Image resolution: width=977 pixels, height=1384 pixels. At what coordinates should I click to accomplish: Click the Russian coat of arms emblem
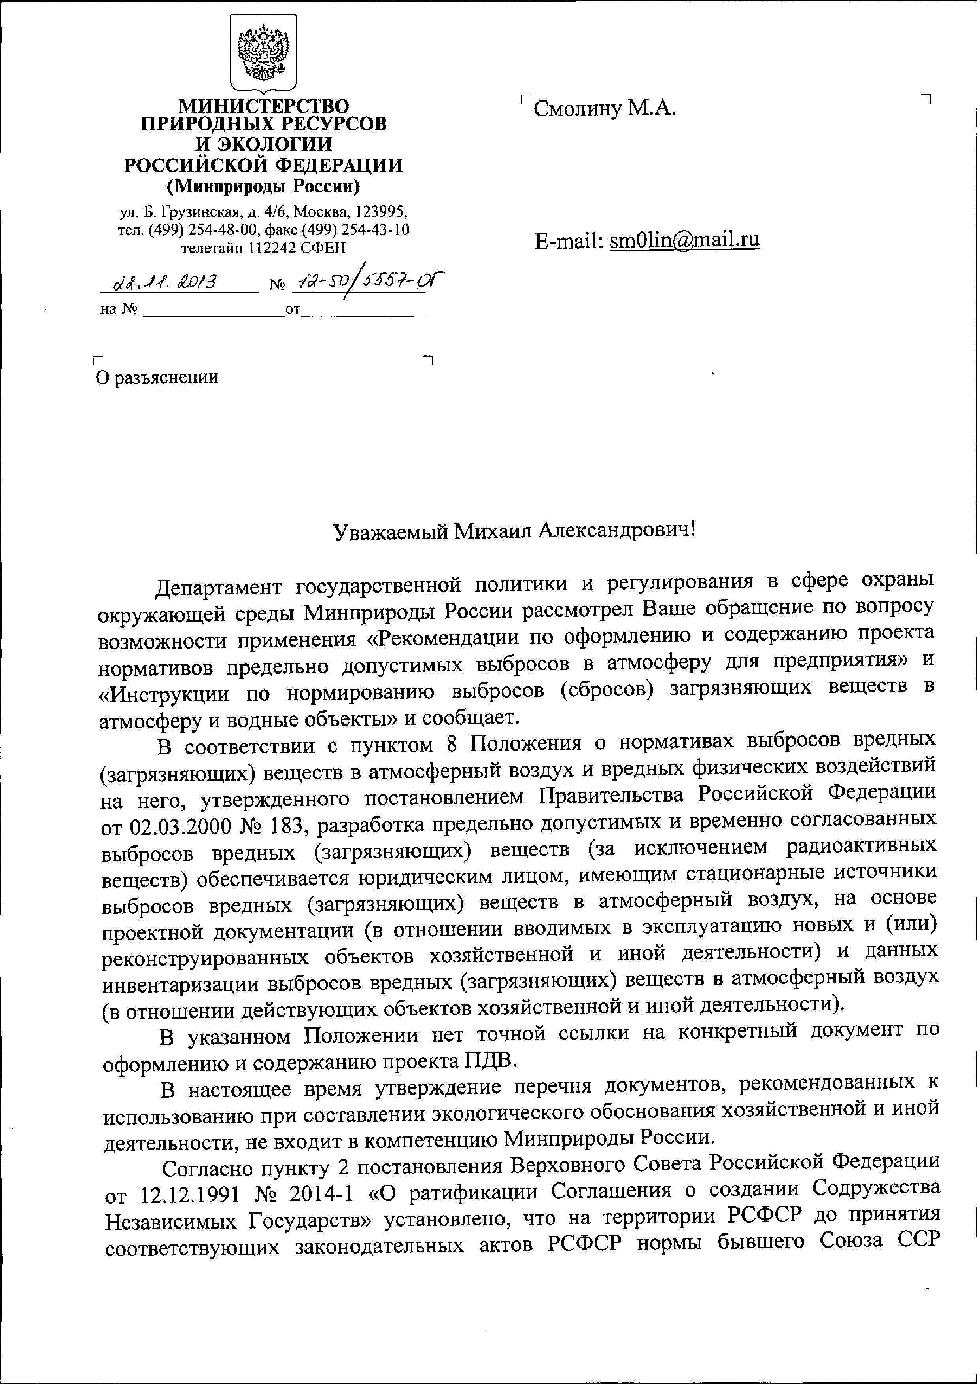(263, 53)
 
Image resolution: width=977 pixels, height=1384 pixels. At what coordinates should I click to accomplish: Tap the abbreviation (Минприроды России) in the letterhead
(263, 186)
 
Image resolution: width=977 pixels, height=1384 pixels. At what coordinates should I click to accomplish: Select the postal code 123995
(381, 212)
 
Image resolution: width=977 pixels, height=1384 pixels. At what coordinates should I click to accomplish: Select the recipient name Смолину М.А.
(605, 108)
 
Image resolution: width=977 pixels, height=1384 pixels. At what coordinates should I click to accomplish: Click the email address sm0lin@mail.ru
(684, 240)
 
